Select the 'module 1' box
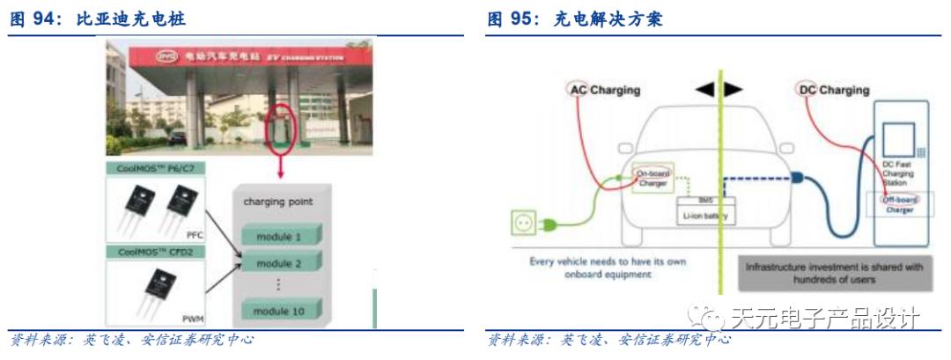click(x=279, y=236)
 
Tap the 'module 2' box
click(x=279, y=263)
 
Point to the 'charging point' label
click(x=277, y=202)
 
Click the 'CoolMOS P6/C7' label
click(x=153, y=169)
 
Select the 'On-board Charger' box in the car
click(x=652, y=179)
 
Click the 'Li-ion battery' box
click(x=704, y=215)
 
